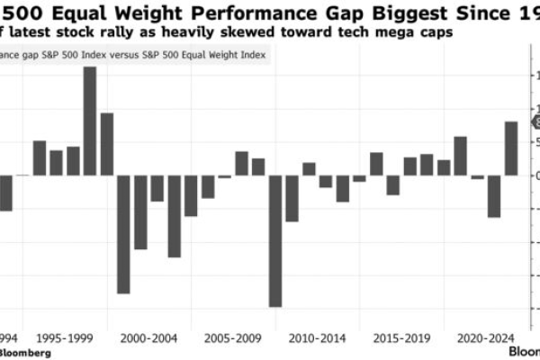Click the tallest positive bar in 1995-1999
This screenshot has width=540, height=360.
(x=90, y=121)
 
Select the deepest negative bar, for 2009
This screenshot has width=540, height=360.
(x=274, y=240)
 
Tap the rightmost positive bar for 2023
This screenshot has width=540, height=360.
(x=510, y=148)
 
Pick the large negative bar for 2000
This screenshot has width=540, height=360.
(x=123, y=234)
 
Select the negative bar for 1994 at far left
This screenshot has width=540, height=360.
(x=5, y=193)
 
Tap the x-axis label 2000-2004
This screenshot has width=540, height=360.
(x=148, y=339)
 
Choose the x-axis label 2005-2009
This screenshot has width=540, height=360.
(x=232, y=339)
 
